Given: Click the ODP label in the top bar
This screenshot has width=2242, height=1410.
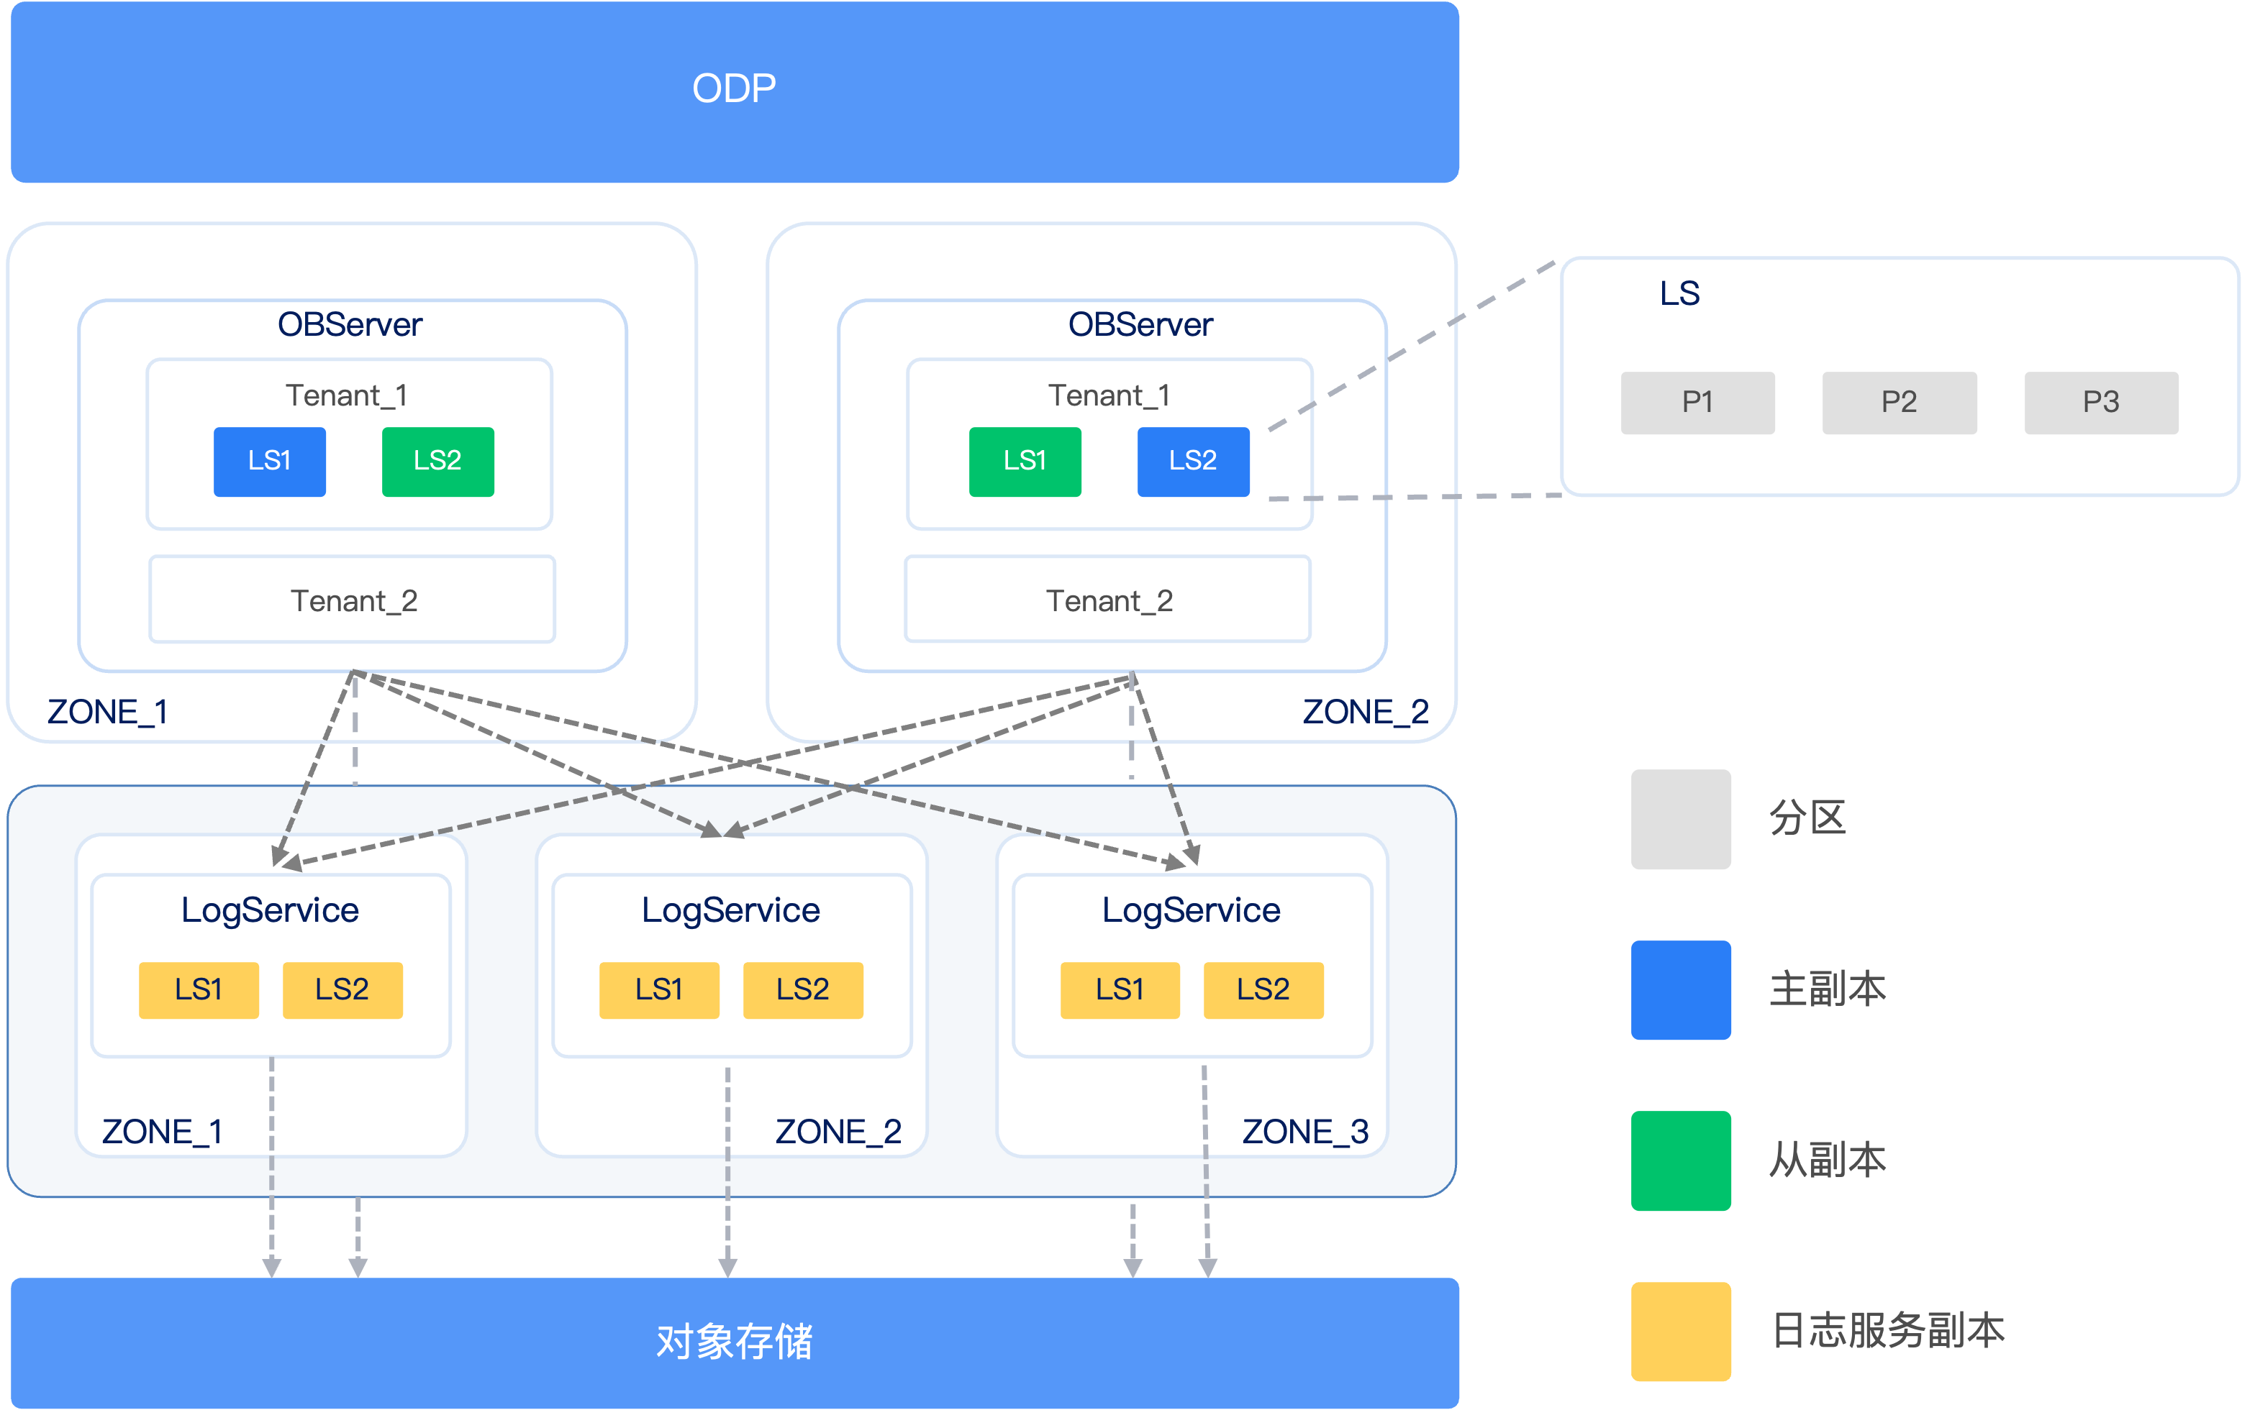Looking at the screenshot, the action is (734, 88).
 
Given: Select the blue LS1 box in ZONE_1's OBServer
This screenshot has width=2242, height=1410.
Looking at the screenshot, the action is (270, 462).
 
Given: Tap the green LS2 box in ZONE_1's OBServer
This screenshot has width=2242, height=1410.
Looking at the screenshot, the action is (437, 462).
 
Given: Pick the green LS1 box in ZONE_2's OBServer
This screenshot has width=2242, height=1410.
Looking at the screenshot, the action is (1025, 462).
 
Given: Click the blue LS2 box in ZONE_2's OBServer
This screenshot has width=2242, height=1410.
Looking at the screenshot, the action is (1194, 462).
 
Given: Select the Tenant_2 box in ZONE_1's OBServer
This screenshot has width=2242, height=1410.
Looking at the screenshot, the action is (353, 600).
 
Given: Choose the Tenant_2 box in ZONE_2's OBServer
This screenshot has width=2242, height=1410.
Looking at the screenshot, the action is (1108, 600).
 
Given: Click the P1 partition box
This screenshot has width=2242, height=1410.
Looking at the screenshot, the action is (1698, 403).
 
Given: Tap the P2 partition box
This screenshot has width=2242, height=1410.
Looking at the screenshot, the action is (1900, 403).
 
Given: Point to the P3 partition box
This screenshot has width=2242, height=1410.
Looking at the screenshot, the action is (2102, 403).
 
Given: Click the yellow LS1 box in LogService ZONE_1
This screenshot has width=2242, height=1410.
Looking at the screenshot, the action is (199, 990).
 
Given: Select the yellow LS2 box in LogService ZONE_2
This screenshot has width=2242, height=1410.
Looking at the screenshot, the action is (802, 990).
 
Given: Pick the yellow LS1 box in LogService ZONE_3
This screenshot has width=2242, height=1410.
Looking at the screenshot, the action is (1120, 990).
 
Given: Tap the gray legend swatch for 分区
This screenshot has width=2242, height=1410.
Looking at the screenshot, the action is (1681, 819).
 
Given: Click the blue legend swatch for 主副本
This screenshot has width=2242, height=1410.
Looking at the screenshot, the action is (1681, 990).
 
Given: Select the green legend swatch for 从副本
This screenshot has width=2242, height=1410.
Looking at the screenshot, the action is (1681, 1160).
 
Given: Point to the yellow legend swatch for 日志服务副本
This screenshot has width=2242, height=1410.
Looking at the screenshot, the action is (1681, 1332).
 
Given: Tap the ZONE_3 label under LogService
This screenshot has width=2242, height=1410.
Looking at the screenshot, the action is (1305, 1132).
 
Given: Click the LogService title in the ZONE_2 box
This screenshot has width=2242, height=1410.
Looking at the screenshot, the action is (731, 910).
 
